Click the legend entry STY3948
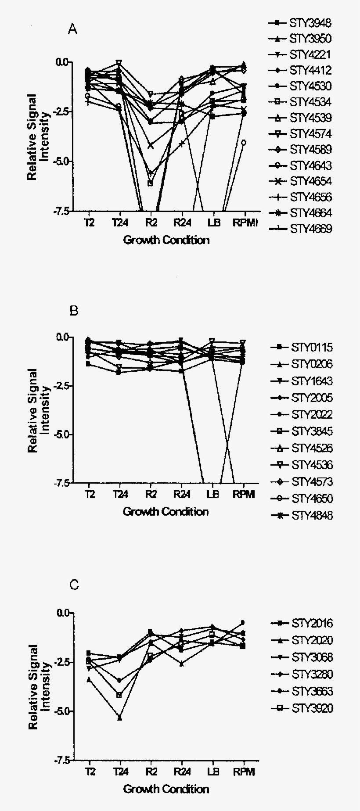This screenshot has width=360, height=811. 310,23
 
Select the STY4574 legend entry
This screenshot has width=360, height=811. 310,134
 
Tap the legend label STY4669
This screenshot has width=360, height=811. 310,229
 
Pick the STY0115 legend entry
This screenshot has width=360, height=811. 312,348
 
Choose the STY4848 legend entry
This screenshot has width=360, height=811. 312,515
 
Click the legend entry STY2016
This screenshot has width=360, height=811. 312,623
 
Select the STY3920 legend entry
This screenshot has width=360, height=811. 312,708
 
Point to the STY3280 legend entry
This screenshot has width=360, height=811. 312,674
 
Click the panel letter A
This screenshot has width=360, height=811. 73,29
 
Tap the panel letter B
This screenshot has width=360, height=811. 74,311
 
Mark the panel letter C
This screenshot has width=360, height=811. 74,585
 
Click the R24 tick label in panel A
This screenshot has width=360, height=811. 180,222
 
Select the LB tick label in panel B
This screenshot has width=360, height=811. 212,495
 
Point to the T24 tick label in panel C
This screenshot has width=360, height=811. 119,772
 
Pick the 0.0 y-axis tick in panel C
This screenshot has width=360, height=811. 64,613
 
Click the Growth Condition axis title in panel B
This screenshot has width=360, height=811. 166,512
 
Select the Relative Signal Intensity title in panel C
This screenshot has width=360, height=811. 39,687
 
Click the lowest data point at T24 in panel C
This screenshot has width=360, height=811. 120,718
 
